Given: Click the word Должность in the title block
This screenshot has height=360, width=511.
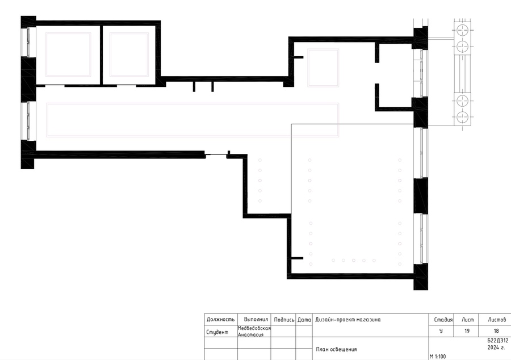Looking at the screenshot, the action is (x=220, y=319).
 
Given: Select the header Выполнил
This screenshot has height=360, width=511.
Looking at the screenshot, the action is (x=256, y=319).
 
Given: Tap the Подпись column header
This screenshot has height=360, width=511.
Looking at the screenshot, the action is (x=284, y=320).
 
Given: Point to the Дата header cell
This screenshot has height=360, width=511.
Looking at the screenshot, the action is (x=304, y=320).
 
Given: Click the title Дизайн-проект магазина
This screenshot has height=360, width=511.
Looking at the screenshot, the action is (x=347, y=320).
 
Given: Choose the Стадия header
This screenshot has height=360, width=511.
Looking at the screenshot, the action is (x=443, y=320).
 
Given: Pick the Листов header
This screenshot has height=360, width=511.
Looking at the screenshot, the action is (x=497, y=320).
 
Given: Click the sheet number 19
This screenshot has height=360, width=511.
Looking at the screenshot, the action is (x=467, y=330).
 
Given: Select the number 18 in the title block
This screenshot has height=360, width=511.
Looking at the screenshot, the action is (x=496, y=330).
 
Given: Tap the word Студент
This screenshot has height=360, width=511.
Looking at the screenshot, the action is (x=217, y=332).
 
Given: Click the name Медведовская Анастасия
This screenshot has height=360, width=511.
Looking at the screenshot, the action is (x=254, y=332).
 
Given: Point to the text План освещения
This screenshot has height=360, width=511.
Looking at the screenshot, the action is (x=336, y=349).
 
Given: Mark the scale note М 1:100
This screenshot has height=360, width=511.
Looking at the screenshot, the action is (x=438, y=357).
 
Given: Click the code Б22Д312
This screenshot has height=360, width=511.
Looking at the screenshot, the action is (x=497, y=341).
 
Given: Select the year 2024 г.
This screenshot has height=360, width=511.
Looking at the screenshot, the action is (x=496, y=348).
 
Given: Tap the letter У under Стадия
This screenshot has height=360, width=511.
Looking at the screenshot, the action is (x=441, y=330).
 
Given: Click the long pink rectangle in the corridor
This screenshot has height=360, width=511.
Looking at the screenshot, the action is (x=192, y=103).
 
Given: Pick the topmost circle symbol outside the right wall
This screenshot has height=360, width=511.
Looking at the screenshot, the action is (x=462, y=30).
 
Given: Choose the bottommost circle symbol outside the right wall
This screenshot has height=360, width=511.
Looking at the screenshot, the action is (x=462, y=116).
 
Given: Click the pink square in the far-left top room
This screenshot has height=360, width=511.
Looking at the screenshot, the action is (x=69, y=33).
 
